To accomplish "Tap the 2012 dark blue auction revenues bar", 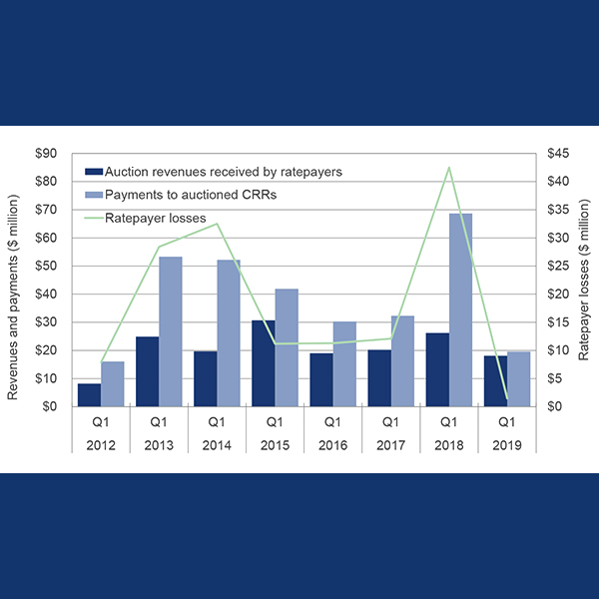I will click(x=89, y=395).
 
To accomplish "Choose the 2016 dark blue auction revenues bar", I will click(x=320, y=379).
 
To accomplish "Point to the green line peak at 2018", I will click(x=449, y=168).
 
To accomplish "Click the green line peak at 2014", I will click(x=218, y=224).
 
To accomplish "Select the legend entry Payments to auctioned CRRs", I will click(x=190, y=195).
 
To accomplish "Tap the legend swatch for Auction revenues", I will click(x=94, y=172).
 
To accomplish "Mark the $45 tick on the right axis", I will click(x=557, y=154).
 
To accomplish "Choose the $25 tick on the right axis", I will click(x=557, y=267).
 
